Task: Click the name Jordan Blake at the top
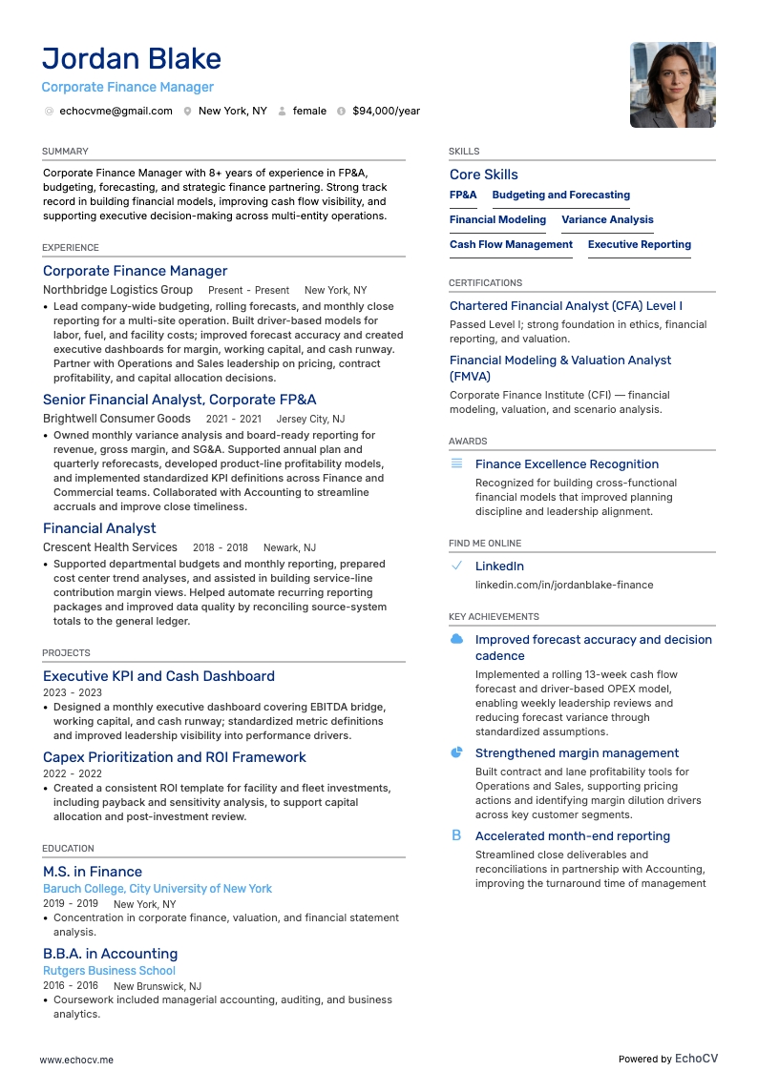point(132,59)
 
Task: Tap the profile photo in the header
point(672,85)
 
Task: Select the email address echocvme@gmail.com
point(116,111)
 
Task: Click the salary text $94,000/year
point(386,111)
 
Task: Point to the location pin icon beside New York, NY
point(187,111)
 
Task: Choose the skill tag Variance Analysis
point(607,219)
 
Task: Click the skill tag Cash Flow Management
point(511,244)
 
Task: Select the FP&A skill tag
point(463,195)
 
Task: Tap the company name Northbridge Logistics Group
point(117,290)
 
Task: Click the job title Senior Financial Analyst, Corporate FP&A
point(179,400)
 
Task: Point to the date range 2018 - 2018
point(220,548)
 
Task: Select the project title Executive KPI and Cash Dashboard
point(158,676)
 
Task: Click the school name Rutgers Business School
point(109,971)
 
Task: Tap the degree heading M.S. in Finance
point(93,872)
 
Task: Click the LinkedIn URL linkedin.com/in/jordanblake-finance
point(564,585)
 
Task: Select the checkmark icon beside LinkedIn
point(456,566)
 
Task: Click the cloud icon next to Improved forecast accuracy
point(456,639)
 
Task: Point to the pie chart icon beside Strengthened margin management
point(456,752)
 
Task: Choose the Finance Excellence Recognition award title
point(566,464)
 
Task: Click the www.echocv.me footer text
point(76,1060)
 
